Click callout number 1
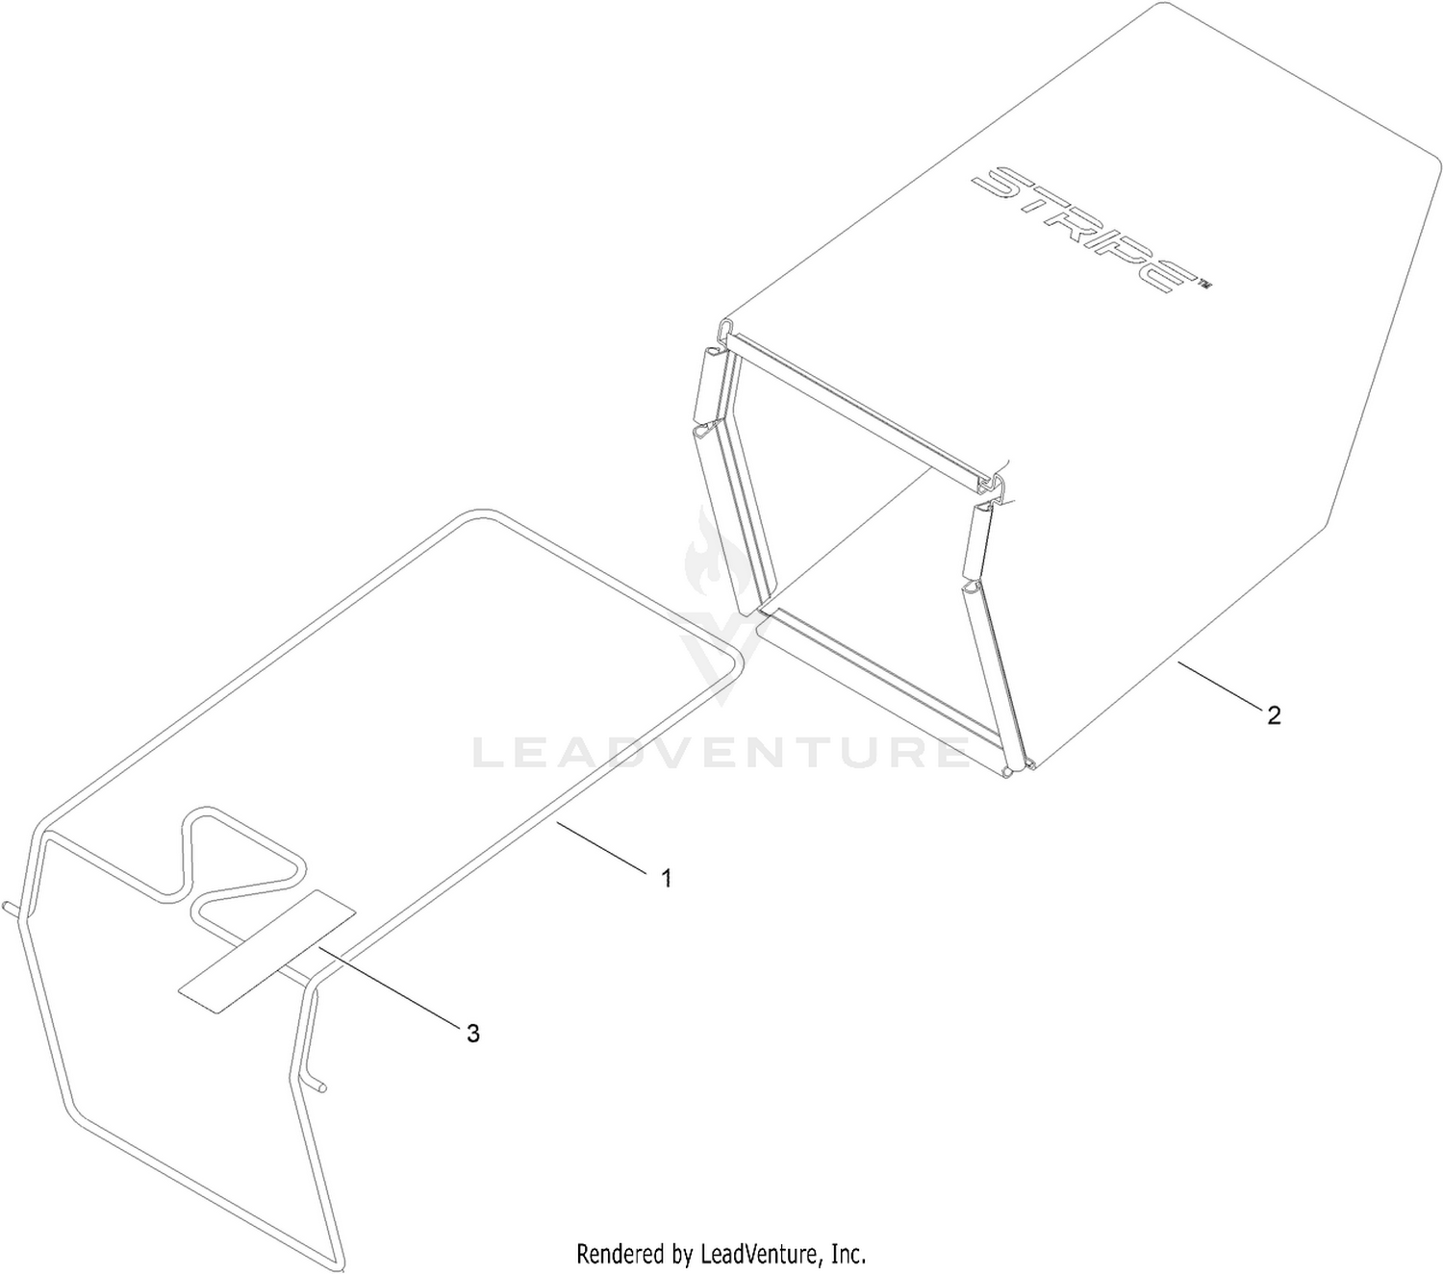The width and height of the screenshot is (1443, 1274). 666,878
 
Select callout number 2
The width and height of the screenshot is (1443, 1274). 1274,715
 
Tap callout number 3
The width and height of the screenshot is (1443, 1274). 473,1034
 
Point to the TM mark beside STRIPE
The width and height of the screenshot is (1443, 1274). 1202,284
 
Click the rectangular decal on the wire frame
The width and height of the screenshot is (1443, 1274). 266,951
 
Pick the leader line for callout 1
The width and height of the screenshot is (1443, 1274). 601,845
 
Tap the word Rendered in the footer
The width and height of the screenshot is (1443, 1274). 620,1253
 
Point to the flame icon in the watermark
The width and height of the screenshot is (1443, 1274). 709,557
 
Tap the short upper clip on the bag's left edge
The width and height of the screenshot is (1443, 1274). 708,386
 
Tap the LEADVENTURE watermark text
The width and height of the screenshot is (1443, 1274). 721,752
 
